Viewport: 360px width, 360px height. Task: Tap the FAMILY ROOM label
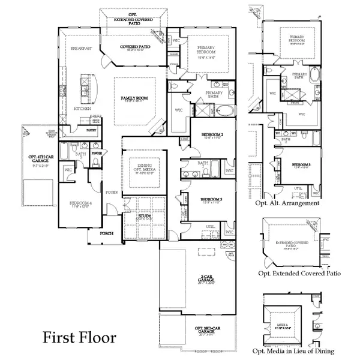click(134, 97)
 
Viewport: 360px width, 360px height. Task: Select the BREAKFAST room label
click(81, 48)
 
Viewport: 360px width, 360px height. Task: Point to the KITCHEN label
click(82, 109)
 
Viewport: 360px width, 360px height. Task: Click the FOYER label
click(112, 193)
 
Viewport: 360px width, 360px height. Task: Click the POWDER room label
click(97, 153)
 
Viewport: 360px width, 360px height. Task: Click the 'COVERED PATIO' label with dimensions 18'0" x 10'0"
click(134, 46)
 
